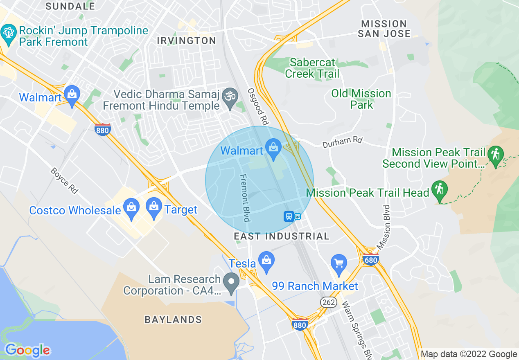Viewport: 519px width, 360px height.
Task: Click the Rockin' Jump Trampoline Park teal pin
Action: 8,32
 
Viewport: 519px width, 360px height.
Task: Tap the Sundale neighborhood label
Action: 70,6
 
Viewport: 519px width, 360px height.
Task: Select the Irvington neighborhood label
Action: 187,40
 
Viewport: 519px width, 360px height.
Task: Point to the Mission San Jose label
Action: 384,29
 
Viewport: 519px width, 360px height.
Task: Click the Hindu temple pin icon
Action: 230,98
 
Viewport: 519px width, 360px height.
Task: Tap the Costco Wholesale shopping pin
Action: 131,207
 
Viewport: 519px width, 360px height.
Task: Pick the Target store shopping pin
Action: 154,207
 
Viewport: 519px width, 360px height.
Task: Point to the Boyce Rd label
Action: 64,180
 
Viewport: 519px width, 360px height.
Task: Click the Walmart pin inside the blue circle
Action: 273,148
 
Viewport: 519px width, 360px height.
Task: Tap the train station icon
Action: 289,216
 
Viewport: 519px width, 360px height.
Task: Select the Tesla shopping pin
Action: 266,261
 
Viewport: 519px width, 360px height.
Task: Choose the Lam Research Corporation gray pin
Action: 232,282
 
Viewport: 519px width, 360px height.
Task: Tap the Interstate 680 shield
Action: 370,259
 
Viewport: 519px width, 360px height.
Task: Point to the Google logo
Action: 27,350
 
